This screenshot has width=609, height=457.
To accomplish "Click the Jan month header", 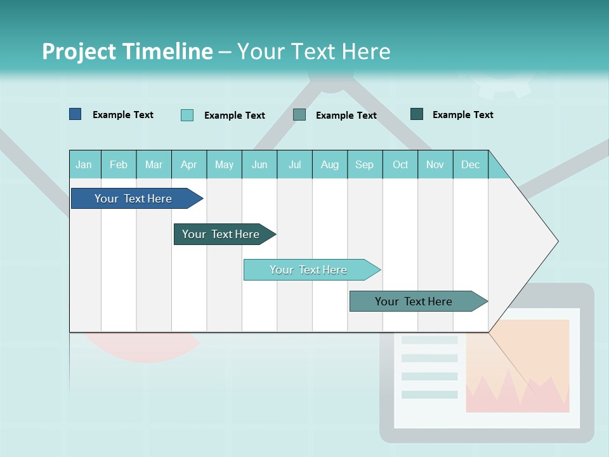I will pos(84,164).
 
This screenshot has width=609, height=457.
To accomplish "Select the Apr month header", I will pos(188,164).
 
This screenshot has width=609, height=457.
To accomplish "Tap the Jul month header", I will pos(294,164).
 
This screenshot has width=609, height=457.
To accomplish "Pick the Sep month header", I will pos(364,164).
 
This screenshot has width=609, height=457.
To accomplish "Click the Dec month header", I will pos(470,164).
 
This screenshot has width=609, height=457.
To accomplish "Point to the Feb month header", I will pos(118,164).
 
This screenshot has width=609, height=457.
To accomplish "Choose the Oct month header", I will pos(400,164).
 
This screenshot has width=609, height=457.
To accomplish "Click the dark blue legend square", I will pos(75,114).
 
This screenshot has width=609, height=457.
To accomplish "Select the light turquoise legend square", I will pos(187,115).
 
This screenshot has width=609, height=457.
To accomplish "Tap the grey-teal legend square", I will pos(299,115).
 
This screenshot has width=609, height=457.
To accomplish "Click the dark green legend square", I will pos(417,114).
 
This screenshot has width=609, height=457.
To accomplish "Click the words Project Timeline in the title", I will pos(128,51).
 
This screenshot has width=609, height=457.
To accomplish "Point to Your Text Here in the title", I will pos(314,51).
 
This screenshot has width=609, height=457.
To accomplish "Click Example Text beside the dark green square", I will pos(462,115).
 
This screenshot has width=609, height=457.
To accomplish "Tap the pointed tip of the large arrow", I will pos(556,241).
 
